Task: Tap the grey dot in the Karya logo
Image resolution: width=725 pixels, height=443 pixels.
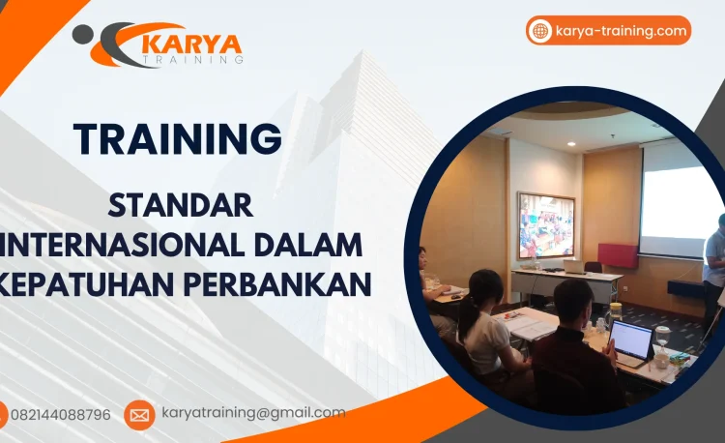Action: (x=82, y=35)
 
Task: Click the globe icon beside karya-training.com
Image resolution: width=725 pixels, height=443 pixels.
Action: (x=539, y=31)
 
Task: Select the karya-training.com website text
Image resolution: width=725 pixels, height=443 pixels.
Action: (x=621, y=31)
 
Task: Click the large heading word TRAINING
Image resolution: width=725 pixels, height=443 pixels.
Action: (x=178, y=138)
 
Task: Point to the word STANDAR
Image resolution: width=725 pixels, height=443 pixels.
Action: (x=181, y=206)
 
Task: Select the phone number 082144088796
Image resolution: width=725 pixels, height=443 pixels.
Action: (x=60, y=415)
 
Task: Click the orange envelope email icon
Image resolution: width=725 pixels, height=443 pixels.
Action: (x=139, y=415)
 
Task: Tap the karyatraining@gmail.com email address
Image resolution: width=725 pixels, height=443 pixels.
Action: (x=253, y=413)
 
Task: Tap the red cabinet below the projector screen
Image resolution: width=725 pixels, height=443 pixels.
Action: (x=619, y=254)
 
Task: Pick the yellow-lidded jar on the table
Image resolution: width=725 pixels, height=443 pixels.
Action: (x=616, y=311)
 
